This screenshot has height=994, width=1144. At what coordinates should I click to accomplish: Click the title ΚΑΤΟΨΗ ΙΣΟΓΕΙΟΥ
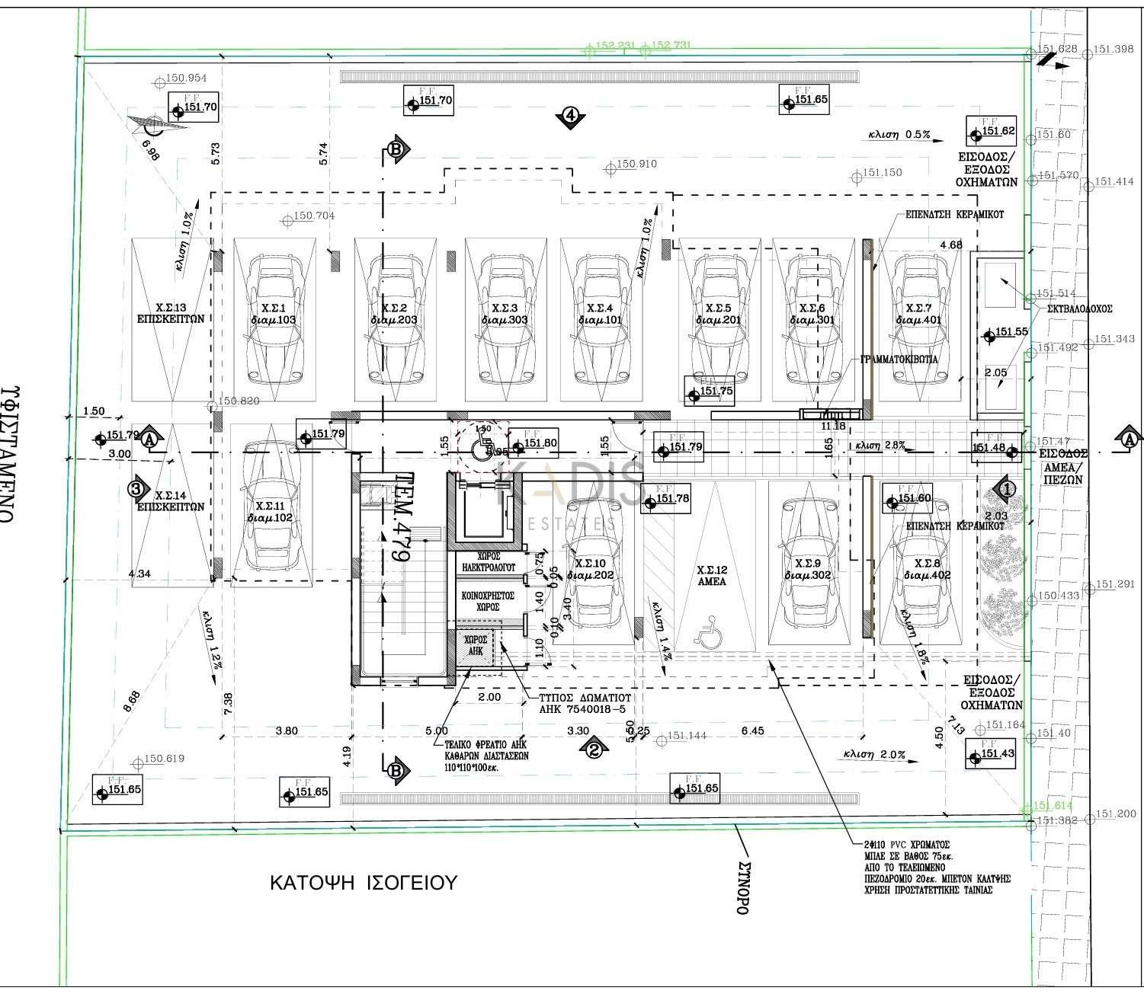coord(364,884)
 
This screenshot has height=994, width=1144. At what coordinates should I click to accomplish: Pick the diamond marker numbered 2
coord(594,750)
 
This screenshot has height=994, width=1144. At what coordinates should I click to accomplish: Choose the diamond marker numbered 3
coord(136,489)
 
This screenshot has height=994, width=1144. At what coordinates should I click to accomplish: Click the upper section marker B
coord(396,149)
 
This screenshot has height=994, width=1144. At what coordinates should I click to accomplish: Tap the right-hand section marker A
coord(1129,439)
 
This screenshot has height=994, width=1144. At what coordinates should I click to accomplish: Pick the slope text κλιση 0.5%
coord(899,135)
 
